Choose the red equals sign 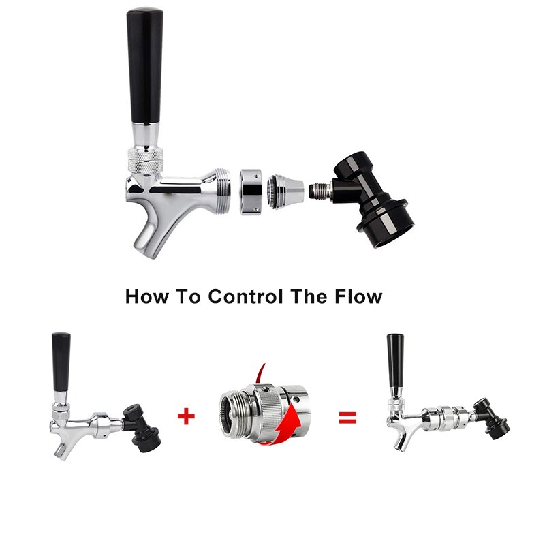348,417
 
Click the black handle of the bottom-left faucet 61,362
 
